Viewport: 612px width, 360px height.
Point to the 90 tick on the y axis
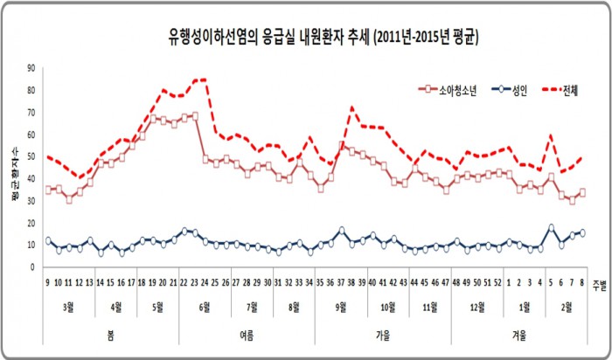[31, 68]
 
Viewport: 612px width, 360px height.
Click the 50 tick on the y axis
[31, 156]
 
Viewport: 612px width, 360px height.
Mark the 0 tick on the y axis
[33, 267]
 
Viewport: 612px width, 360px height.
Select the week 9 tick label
[47, 282]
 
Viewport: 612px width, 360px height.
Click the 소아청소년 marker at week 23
[194, 115]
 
